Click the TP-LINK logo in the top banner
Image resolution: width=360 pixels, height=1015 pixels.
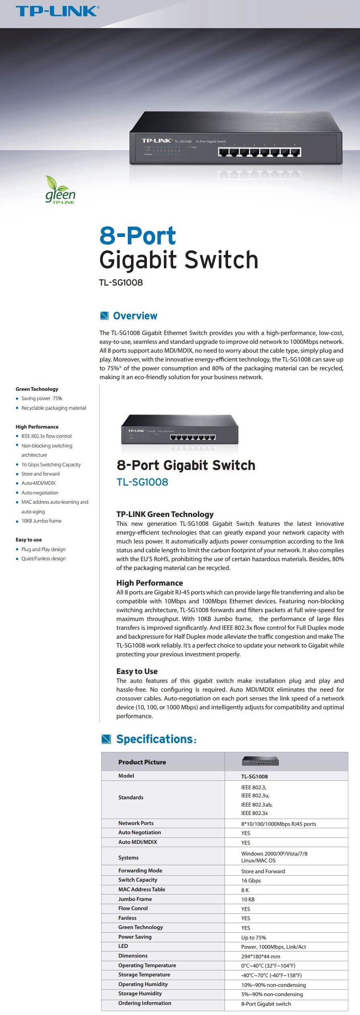57,10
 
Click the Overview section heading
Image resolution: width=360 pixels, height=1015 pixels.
135,316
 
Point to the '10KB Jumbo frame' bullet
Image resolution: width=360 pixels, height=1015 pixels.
41,521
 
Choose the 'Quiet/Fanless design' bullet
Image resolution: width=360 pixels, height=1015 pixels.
43,559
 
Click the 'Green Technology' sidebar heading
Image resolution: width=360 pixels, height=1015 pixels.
37,389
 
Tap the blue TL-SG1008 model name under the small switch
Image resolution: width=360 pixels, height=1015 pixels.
142,482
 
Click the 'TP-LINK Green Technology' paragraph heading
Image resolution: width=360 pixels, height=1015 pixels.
165,514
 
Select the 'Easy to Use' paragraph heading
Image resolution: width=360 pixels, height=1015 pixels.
137,671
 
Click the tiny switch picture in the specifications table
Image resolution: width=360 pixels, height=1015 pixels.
260,762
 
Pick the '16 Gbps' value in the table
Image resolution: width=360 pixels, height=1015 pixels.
251,880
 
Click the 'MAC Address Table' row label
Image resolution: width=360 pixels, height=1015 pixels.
141,889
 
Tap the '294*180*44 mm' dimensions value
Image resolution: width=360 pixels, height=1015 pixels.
261,956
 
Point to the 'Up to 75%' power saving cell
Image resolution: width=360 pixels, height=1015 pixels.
254,937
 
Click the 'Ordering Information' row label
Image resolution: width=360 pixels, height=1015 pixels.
145,1003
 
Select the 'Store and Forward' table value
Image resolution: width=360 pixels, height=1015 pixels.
263,871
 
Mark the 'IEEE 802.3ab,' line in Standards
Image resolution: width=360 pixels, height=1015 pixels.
257,805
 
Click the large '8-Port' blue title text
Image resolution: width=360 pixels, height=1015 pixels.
138,236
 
